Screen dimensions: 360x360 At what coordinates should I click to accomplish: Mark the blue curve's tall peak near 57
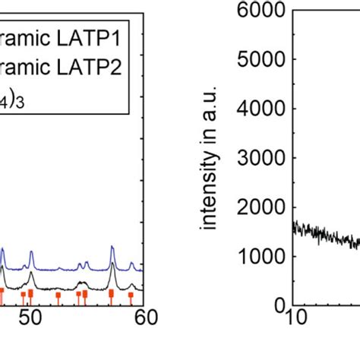coord(112,247)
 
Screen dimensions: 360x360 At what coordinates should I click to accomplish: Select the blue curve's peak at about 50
coord(31,252)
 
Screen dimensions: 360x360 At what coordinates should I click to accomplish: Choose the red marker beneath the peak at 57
coord(112,293)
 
